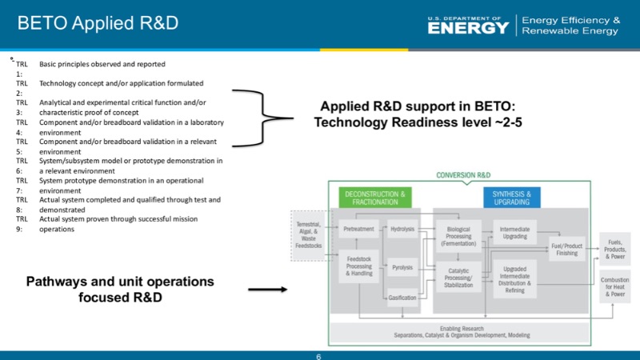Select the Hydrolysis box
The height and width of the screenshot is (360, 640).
point(402,229)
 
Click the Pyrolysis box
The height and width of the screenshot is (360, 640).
point(402,266)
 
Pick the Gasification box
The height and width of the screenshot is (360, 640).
point(402,298)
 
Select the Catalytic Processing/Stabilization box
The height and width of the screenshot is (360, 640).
point(458,276)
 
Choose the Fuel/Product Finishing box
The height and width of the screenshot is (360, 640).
point(568,249)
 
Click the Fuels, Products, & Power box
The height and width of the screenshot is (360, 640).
point(615,249)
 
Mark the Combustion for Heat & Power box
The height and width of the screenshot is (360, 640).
point(615,286)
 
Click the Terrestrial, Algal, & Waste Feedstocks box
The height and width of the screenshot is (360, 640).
point(309,235)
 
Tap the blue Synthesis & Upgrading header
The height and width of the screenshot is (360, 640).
point(512,198)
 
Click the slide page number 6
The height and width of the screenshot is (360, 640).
point(319,355)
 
